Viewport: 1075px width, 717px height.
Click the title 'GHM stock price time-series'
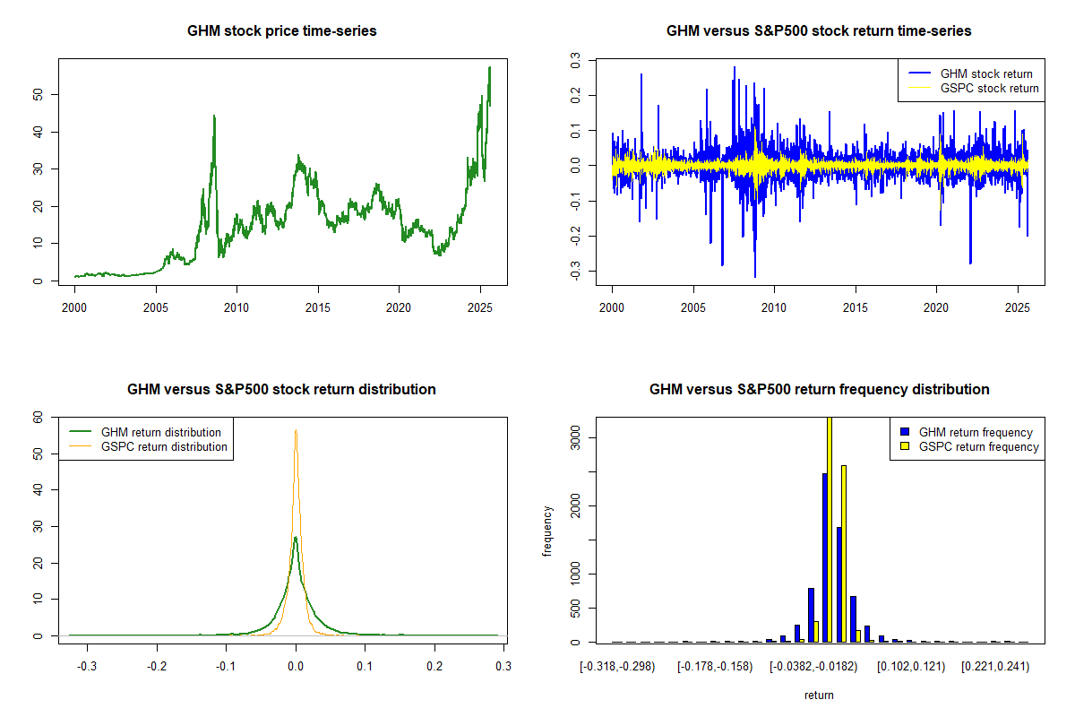pyautogui.click(x=281, y=31)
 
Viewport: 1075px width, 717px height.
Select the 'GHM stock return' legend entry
pyautogui.click(x=986, y=73)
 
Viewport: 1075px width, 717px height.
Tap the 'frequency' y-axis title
pyautogui.click(x=548, y=531)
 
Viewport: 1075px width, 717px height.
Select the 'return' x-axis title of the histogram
pyautogui.click(x=819, y=695)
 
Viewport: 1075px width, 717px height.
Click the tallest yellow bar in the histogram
pyautogui.click(x=830, y=531)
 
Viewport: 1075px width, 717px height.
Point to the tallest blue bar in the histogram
pyautogui.click(x=824, y=557)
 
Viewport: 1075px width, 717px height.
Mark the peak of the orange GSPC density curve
pyautogui.click(x=296, y=430)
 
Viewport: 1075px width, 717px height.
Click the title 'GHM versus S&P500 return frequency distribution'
pyautogui.click(x=819, y=390)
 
